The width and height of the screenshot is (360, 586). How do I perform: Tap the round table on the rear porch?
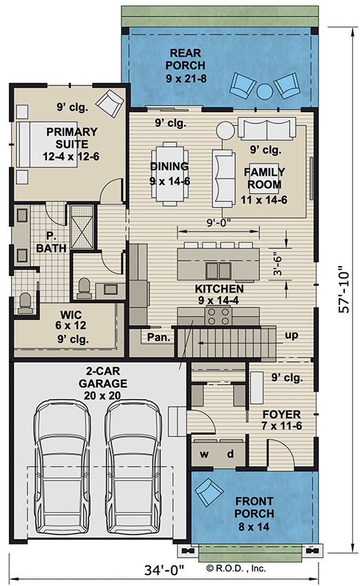265,92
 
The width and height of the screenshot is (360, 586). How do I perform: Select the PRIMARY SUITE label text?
72,138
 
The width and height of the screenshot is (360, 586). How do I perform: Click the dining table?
170,174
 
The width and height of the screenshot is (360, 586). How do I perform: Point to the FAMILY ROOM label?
264,179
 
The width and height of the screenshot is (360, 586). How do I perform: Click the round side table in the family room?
225,131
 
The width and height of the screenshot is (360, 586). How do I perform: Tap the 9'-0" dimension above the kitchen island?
219,223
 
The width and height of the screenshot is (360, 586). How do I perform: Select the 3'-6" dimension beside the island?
277,265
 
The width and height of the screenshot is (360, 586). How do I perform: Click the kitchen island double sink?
219,270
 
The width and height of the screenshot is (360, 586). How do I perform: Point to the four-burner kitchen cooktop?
219,316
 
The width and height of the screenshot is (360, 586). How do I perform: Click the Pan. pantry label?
159,337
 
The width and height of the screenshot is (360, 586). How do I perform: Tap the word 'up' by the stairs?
292,335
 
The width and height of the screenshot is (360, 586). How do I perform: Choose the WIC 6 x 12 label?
70,321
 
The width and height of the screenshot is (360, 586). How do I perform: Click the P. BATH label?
51,242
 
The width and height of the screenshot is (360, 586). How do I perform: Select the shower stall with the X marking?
82,227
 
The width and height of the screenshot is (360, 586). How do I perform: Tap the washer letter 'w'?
204,454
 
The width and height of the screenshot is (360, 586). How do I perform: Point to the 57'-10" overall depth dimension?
343,290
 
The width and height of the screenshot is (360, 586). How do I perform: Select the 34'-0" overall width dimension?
165,570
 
